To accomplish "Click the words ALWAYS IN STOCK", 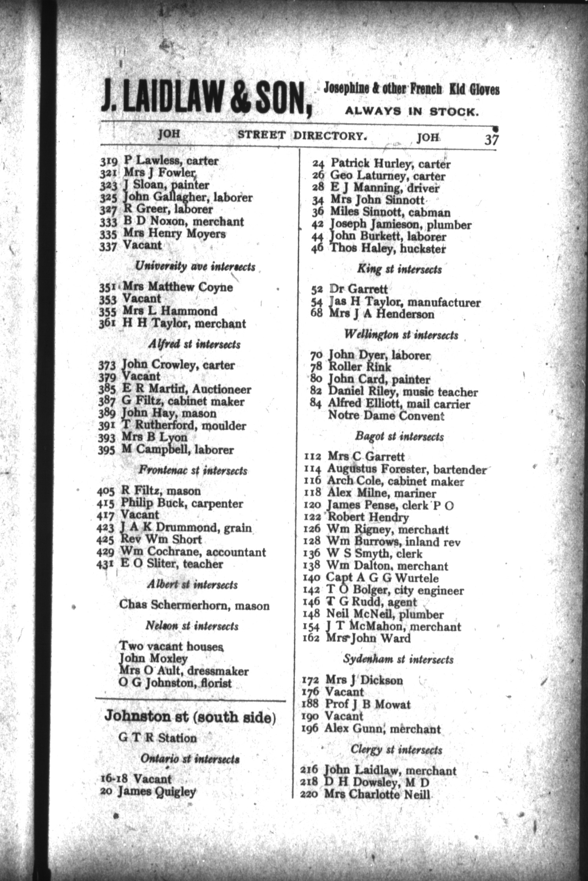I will click(x=412, y=111).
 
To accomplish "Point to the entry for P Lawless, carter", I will click(x=171, y=160).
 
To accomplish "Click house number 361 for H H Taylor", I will click(x=107, y=324).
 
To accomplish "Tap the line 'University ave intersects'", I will click(x=195, y=267).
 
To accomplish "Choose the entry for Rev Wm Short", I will click(x=161, y=540).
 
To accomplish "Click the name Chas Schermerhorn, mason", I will click(x=194, y=605).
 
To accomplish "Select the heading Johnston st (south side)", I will click(x=190, y=717).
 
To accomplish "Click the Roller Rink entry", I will click(x=359, y=367).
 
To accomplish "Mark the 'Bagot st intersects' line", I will click(x=399, y=437).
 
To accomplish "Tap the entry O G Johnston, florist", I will click(x=175, y=683).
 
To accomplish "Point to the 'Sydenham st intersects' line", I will click(x=398, y=660).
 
